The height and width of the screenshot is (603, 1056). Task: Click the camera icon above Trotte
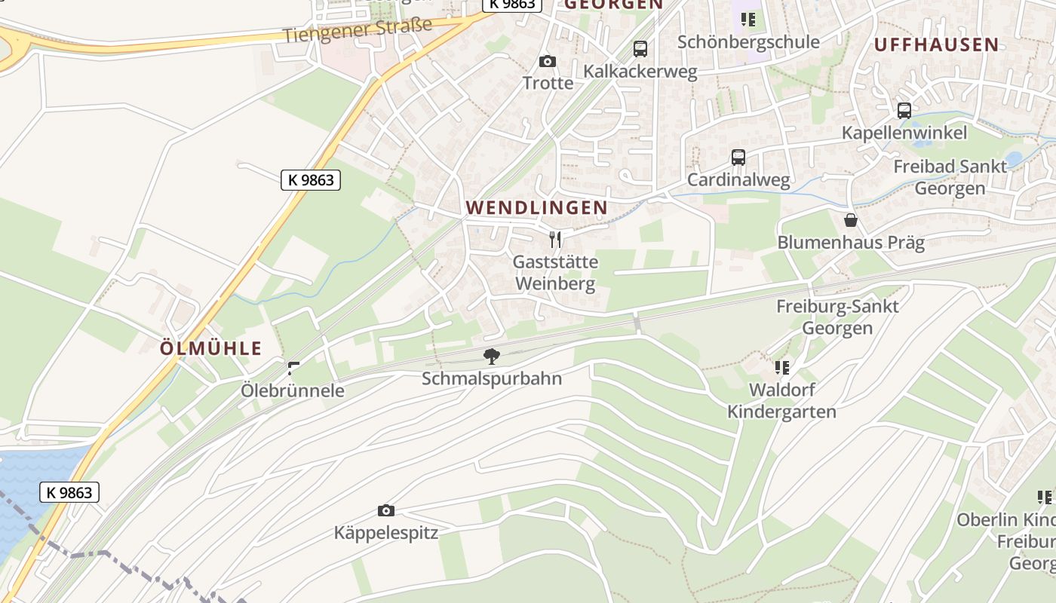[x=548, y=61]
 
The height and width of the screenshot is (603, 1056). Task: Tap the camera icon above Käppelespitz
[x=385, y=511]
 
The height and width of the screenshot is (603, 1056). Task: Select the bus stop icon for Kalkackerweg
[x=640, y=49]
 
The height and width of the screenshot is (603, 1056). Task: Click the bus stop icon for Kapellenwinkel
[x=904, y=111]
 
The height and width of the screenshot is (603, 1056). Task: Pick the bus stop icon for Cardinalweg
[x=738, y=158]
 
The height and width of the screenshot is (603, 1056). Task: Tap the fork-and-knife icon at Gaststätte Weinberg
[x=555, y=240]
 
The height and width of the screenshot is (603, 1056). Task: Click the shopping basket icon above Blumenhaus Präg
[x=851, y=220]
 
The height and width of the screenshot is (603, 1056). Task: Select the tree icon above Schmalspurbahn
[x=492, y=356]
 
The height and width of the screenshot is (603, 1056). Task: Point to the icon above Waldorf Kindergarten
[x=782, y=368]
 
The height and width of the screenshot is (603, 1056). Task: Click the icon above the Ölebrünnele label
[x=293, y=369]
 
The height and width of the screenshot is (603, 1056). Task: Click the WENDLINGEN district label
[x=537, y=207]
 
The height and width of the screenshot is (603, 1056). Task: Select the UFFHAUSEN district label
[x=936, y=44]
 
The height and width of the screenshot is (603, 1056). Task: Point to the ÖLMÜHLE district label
[x=211, y=348]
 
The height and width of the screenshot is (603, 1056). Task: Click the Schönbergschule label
[x=748, y=41]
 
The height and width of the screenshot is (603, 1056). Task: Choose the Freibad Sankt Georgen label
[x=950, y=176]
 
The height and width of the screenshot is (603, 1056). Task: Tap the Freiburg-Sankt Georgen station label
[x=837, y=317]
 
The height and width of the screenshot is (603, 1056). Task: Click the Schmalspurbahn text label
[x=492, y=378]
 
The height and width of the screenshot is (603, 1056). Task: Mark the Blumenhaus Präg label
[x=851, y=243]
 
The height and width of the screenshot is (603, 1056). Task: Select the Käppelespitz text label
[x=386, y=534]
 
